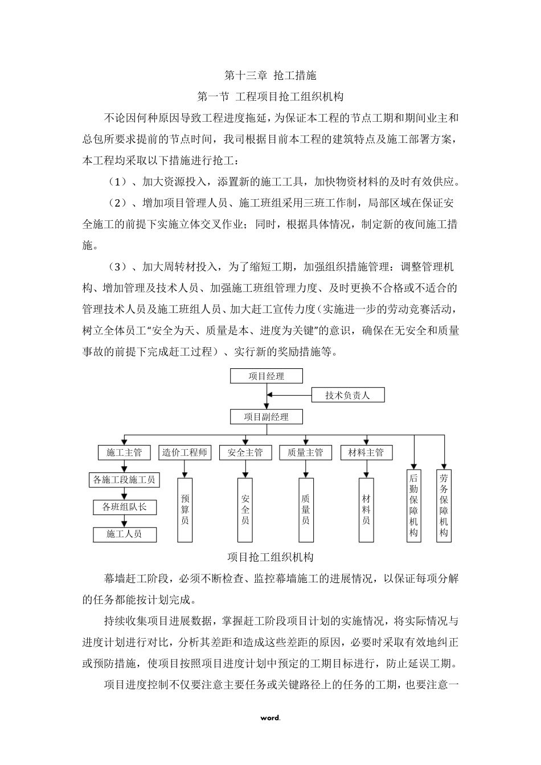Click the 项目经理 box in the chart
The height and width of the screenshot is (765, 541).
pyautogui.click(x=266, y=376)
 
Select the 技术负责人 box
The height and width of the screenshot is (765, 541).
pyautogui.click(x=347, y=395)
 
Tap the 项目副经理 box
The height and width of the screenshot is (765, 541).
pyautogui.click(x=266, y=417)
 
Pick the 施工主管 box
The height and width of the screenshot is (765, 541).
pyautogui.click(x=124, y=453)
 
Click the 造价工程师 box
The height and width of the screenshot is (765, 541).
pyautogui.click(x=185, y=453)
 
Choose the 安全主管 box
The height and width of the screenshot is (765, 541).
pyautogui.click(x=245, y=453)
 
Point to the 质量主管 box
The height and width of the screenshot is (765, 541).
pyautogui.click(x=305, y=453)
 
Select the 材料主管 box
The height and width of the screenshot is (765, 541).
pyautogui.click(x=366, y=453)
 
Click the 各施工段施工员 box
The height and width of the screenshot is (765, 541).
pyautogui.click(x=124, y=480)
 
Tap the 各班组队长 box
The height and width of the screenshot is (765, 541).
pyautogui.click(x=124, y=507)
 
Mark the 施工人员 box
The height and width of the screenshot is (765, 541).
pyautogui.click(x=124, y=534)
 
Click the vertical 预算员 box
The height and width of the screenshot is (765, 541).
pyautogui.click(x=185, y=509)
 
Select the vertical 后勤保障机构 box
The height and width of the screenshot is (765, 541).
pyautogui.click(x=413, y=505)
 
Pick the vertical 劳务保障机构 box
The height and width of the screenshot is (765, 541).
pyautogui.click(x=444, y=505)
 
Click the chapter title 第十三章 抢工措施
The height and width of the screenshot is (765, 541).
pyautogui.click(x=270, y=75)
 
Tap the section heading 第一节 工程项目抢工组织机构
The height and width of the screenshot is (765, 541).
pyautogui.click(x=270, y=96)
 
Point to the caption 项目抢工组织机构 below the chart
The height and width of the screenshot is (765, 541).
pyautogui.click(x=270, y=557)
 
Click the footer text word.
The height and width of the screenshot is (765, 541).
pyautogui.click(x=270, y=717)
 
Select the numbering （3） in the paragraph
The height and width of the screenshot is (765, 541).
pyautogui.click(x=118, y=266)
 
